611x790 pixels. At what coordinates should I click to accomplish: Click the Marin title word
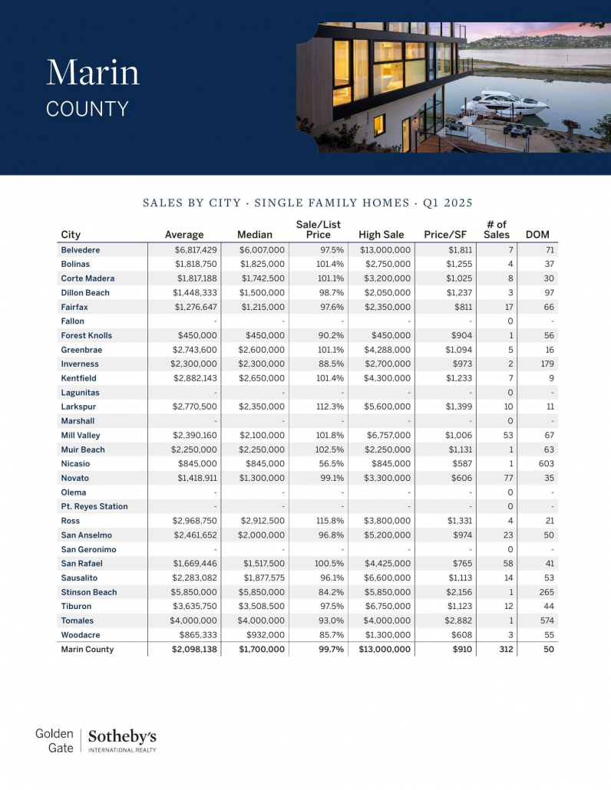pos(93,72)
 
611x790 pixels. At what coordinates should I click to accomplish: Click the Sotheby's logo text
pos(123,736)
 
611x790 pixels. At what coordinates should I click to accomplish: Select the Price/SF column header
pos(445,235)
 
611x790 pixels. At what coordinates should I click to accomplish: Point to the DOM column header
pos(537,235)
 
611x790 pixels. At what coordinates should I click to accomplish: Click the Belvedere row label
pos(81,250)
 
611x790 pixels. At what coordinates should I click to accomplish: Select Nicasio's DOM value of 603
pos(546,464)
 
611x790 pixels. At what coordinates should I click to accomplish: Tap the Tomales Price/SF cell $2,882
pos(460,620)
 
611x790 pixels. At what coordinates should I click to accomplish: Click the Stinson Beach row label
pos(89,592)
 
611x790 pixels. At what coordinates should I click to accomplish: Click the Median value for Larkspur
pos(262,407)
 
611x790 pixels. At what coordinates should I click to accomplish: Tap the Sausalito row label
pos(81,578)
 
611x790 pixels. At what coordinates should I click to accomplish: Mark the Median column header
pos(255,235)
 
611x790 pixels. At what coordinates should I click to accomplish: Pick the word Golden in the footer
pos(54,734)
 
